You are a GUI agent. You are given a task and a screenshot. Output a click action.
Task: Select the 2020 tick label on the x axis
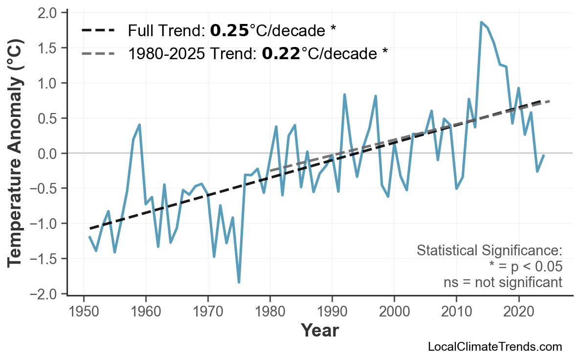tap(518, 311)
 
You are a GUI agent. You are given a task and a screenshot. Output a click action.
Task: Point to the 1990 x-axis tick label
tap(332, 311)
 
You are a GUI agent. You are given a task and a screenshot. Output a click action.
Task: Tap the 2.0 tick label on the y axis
tap(47, 13)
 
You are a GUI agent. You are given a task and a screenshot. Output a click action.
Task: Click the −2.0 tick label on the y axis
tap(44, 294)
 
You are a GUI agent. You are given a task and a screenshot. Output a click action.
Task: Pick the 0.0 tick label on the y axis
tap(47, 154)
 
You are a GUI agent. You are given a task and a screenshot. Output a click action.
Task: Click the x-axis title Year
tap(319, 331)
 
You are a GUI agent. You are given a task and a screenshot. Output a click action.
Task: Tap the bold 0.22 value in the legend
tap(281, 53)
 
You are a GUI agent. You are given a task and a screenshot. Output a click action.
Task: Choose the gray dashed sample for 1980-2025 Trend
tap(98, 53)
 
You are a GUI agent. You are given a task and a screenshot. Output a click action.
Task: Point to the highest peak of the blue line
tap(481, 22)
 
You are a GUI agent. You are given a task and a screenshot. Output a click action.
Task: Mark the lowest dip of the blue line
tap(239, 282)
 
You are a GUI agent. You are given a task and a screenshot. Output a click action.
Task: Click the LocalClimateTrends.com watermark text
tap(495, 347)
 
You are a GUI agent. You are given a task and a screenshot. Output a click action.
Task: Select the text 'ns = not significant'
tap(503, 282)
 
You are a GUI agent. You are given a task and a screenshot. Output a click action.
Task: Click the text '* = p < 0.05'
tap(525, 267)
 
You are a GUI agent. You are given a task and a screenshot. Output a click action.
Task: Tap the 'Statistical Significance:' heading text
tap(489, 251)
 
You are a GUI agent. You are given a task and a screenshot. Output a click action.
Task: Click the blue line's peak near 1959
tap(139, 125)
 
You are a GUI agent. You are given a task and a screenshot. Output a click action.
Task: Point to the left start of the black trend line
tap(90, 228)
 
